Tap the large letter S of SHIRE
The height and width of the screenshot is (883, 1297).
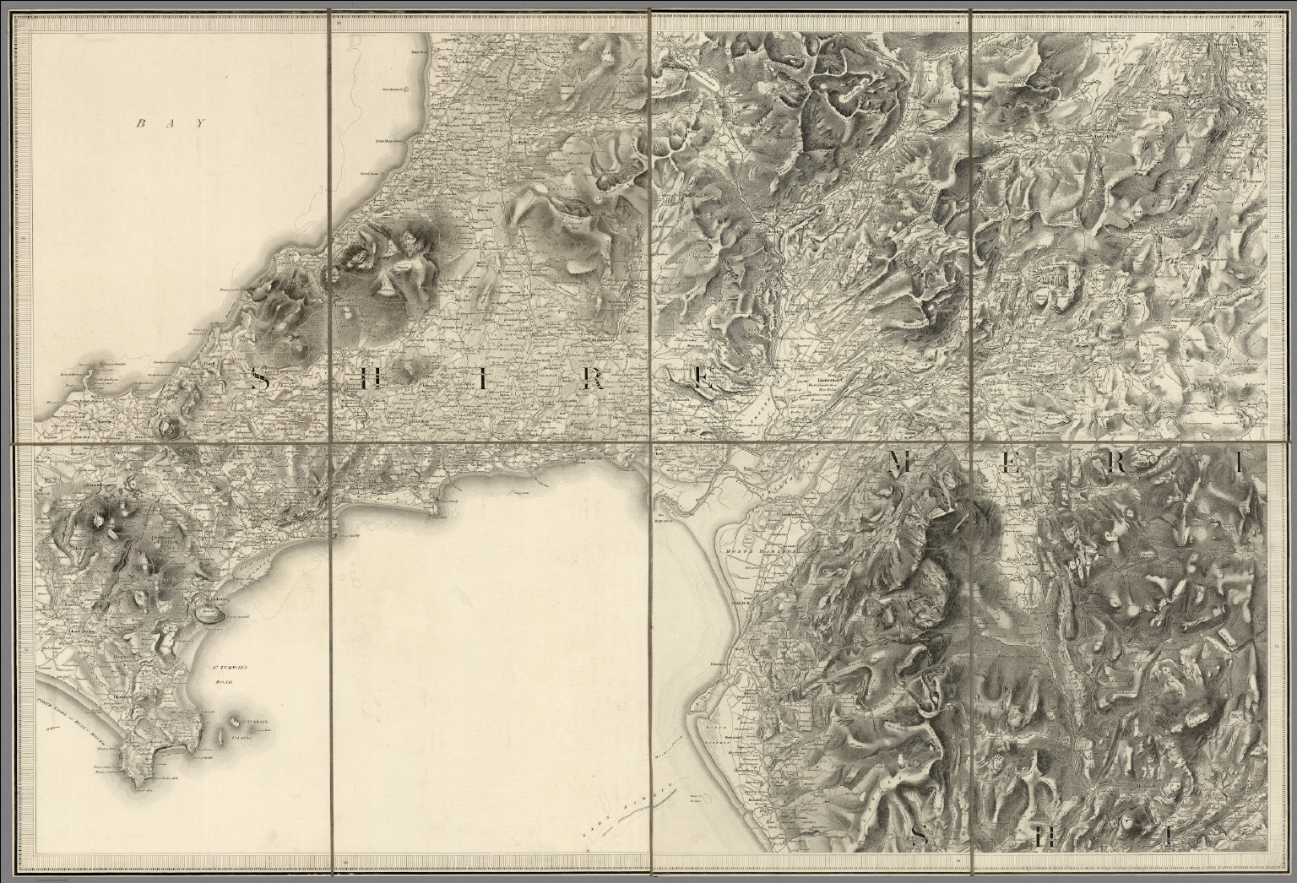262,381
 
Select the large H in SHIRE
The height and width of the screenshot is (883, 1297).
366,381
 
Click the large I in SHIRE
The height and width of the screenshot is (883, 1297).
483,381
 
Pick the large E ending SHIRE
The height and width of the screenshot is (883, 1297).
702,382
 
